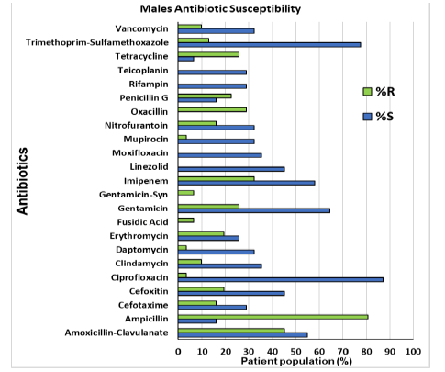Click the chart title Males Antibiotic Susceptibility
pyautogui.click(x=220, y=8)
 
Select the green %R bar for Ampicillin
pyautogui.click(x=273, y=317)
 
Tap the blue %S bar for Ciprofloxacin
pyautogui.click(x=281, y=279)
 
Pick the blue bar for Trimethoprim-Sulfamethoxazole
pyautogui.click(x=269, y=45)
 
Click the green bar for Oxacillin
pyautogui.click(x=212, y=109)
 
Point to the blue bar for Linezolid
pyautogui.click(x=231, y=169)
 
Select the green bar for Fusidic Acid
pyautogui.click(x=185, y=220)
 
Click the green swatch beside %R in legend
pyautogui.click(x=367, y=92)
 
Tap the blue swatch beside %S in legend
pyautogui.click(x=367, y=117)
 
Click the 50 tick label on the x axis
pyautogui.click(x=295, y=351)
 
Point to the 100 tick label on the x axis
pyautogui.click(x=413, y=351)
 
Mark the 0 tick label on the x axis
pyautogui.click(x=178, y=351)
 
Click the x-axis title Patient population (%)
pyautogui.click(x=296, y=361)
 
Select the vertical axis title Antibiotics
pyautogui.click(x=22, y=181)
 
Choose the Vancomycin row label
pyautogui.click(x=141, y=28)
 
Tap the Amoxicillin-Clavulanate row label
pyautogui.click(x=117, y=333)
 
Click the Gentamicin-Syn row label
pyautogui.click(x=134, y=195)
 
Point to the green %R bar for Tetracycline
pyautogui.click(x=208, y=54)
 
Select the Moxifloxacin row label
pyautogui.click(x=140, y=153)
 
